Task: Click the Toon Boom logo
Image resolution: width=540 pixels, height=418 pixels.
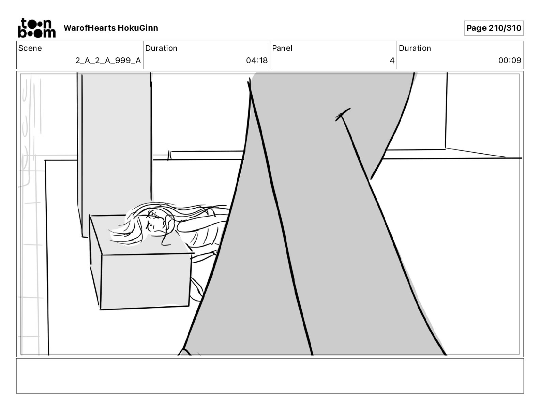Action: (x=36, y=28)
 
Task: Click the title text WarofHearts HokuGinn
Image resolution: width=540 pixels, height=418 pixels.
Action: (x=111, y=28)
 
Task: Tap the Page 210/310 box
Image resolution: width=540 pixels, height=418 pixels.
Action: (x=494, y=28)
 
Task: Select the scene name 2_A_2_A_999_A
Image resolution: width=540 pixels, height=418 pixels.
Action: (x=108, y=60)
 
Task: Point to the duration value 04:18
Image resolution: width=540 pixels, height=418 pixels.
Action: (x=257, y=60)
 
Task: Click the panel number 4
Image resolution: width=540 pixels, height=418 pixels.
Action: (x=392, y=60)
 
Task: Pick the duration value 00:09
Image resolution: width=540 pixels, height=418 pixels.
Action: (x=510, y=60)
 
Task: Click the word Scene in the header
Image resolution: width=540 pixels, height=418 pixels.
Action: (x=30, y=48)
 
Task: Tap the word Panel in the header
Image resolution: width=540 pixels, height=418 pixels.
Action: (x=282, y=48)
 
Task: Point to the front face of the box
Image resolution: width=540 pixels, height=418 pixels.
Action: (x=145, y=280)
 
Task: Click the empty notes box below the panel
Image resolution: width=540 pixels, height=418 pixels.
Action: (x=270, y=376)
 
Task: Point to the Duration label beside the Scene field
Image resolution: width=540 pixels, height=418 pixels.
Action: (x=161, y=48)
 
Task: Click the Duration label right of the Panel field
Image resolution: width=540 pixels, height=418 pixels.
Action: (x=415, y=48)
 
